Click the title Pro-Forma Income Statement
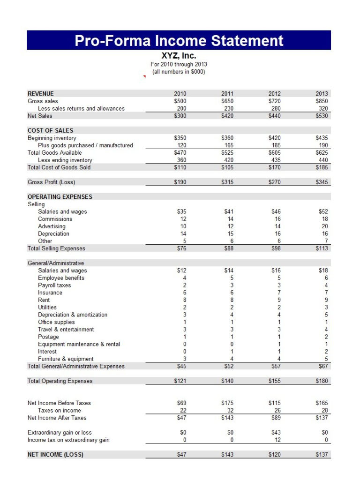(179, 40)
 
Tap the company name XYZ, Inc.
(179, 56)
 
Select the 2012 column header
(275, 94)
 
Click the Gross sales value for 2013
(322, 101)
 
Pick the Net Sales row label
(40, 116)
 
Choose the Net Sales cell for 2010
(180, 116)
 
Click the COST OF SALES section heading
(50, 130)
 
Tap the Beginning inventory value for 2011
(227, 138)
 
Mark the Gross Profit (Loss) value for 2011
(227, 182)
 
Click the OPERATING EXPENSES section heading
(60, 197)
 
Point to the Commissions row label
(55, 219)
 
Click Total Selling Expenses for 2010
(181, 248)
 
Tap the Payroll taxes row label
(55, 285)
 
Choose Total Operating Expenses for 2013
(322, 381)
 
